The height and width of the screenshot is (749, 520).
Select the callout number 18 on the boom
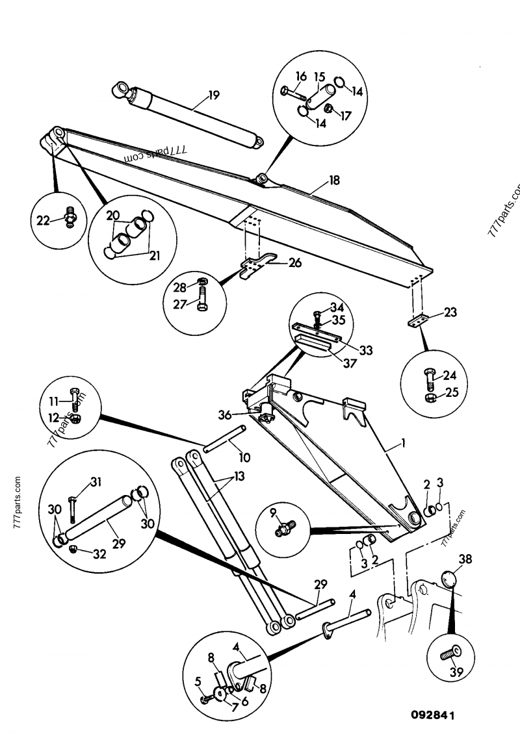pos(334,181)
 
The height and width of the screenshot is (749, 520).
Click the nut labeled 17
pos(330,108)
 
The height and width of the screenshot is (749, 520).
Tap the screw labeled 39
pos(448,654)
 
